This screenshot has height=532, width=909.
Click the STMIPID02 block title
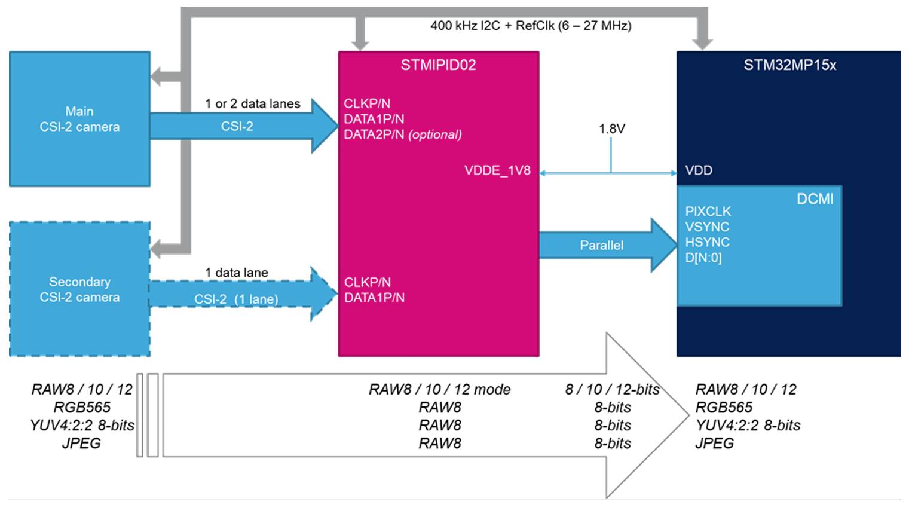tap(438, 65)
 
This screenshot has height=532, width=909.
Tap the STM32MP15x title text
tap(789, 65)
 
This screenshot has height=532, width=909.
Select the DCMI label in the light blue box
tap(815, 199)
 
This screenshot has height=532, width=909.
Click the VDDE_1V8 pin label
tap(497, 171)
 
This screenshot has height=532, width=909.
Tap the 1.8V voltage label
tap(611, 129)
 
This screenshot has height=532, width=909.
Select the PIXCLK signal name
tap(708, 212)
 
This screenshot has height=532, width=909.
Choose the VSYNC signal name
tap(707, 227)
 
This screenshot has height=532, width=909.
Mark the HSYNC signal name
tap(707, 243)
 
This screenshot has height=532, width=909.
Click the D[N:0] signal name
tap(703, 258)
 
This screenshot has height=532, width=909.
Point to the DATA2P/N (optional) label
tap(402, 134)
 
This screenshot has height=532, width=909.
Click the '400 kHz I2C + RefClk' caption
tap(531, 26)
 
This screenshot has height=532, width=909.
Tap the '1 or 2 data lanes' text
tap(252, 104)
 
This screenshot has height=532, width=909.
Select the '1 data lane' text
tap(236, 273)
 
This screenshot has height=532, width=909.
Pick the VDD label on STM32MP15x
tap(698, 171)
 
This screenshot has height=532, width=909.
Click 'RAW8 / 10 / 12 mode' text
tap(439, 390)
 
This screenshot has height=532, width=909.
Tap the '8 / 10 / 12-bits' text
tap(612, 390)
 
